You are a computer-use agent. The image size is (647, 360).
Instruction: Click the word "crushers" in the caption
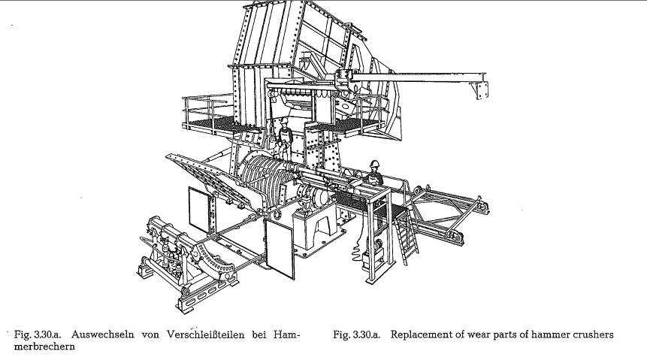coord(594,334)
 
